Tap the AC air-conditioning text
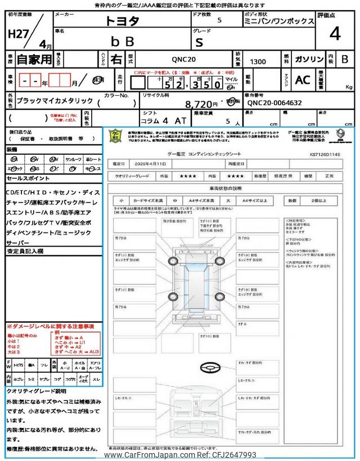(x=303, y=80)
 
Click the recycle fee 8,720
(x=201, y=104)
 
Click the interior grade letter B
(x=344, y=59)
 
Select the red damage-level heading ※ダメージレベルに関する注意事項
(x=50, y=326)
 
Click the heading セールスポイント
(x=28, y=177)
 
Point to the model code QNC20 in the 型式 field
(x=183, y=59)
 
